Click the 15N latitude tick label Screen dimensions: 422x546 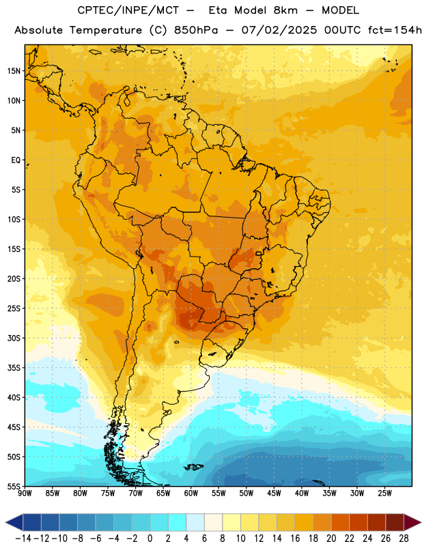pyautogui.click(x=14, y=71)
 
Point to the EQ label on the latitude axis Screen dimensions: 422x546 pyautogui.click(x=16, y=160)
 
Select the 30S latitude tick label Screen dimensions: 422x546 pyautogui.click(x=14, y=338)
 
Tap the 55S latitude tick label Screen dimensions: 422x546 pyautogui.click(x=14, y=487)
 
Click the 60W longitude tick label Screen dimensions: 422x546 pyautogui.click(x=191, y=493)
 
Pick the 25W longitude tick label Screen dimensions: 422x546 pyautogui.click(x=385, y=493)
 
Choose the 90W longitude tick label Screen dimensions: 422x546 pyautogui.click(x=25, y=493)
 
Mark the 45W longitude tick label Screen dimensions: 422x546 pyautogui.click(x=275, y=493)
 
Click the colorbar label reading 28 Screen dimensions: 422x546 pyautogui.click(x=404, y=538)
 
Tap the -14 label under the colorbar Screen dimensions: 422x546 pyautogui.click(x=24, y=538)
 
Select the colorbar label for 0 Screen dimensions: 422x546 pyautogui.click(x=150, y=538)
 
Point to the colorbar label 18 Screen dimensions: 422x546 pyautogui.click(x=313, y=538)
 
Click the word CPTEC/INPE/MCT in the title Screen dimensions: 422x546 pyautogui.click(x=128, y=10)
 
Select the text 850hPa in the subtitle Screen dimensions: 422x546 pyautogui.click(x=196, y=30)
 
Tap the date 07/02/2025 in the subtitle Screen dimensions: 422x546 pyautogui.click(x=279, y=30)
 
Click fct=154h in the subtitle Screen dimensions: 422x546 pyautogui.click(x=395, y=30)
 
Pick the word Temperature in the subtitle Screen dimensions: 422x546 pyautogui.click(x=106, y=30)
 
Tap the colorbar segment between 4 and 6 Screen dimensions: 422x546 pyautogui.click(x=195, y=522)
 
